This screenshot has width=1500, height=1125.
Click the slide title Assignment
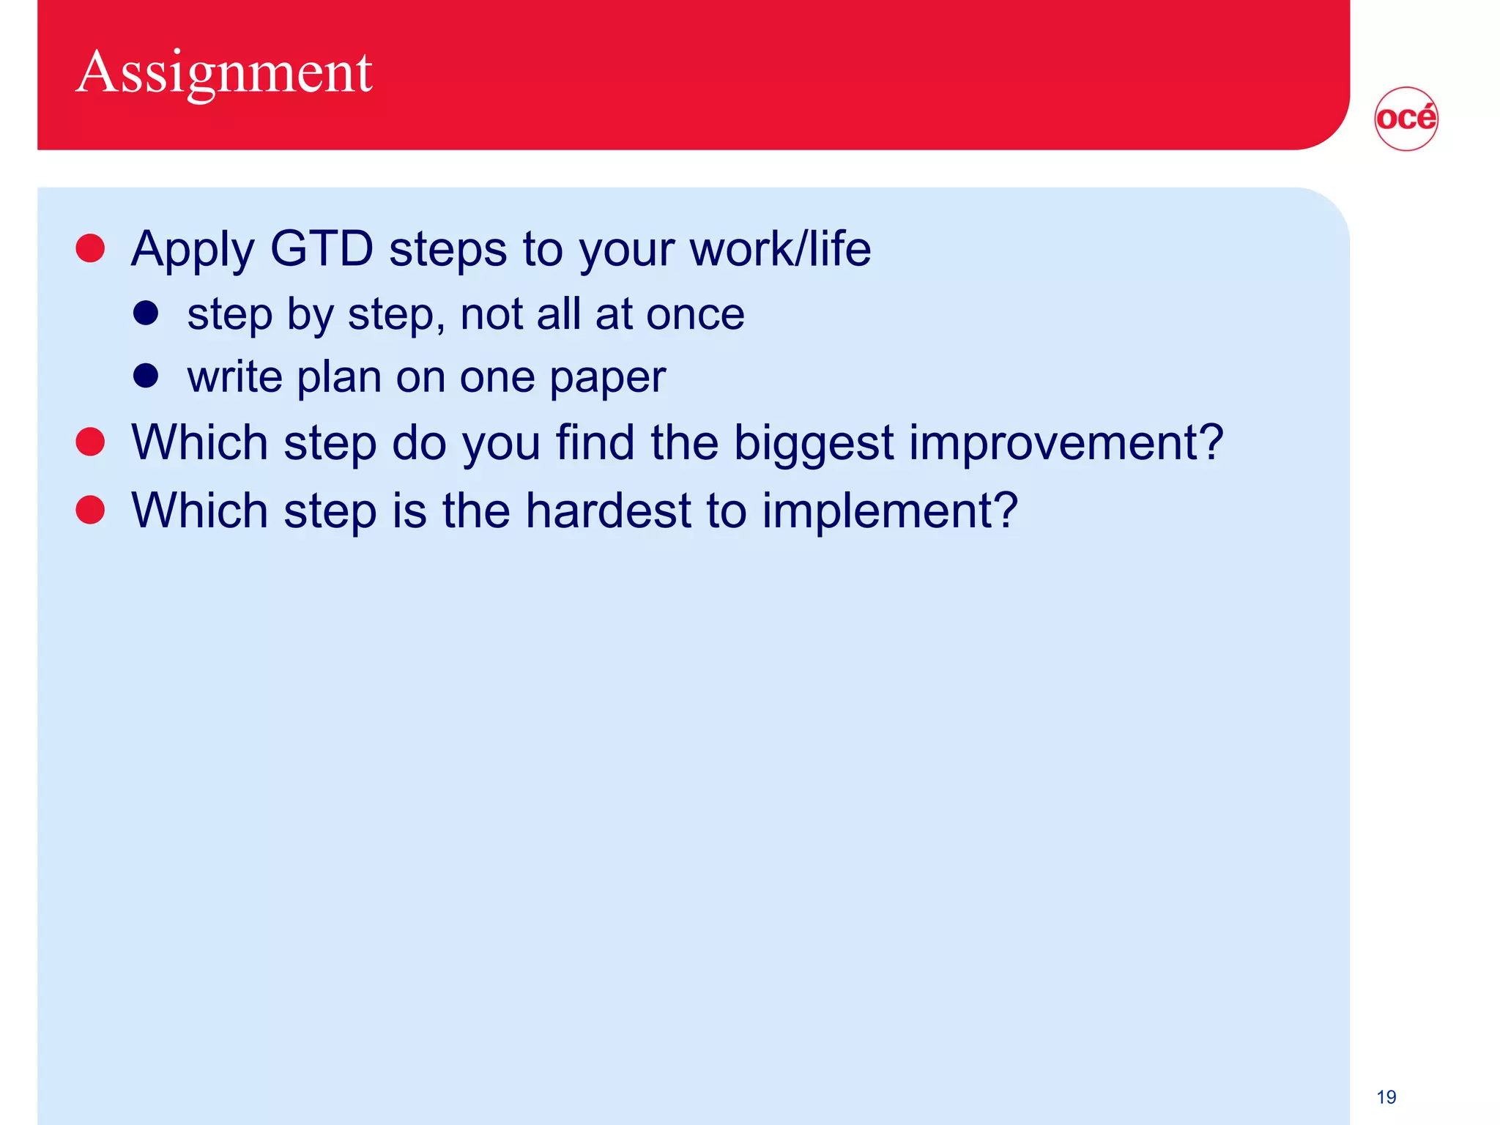click(224, 73)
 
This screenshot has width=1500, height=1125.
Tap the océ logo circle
click(1406, 119)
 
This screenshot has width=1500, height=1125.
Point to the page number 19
click(1386, 1096)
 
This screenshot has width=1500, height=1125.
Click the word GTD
click(322, 249)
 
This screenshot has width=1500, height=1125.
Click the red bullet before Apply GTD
click(91, 248)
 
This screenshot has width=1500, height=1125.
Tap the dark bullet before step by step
click(146, 313)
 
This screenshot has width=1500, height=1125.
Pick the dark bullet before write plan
click(146, 376)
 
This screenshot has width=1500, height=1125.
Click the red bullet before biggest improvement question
click(91, 442)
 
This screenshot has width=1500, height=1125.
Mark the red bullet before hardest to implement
click(91, 510)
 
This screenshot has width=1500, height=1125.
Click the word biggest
click(813, 445)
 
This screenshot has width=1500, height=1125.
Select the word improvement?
click(1066, 445)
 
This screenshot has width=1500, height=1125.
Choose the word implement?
click(889, 512)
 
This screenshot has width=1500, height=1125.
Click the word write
click(234, 377)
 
